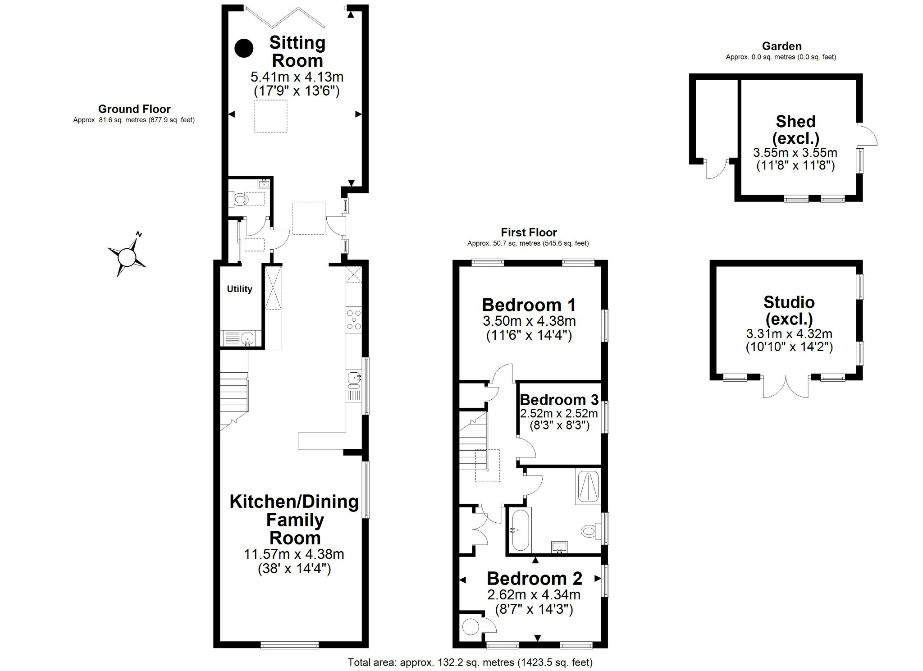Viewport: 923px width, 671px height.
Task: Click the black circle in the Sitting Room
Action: point(244,48)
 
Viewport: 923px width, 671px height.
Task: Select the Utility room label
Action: point(239,289)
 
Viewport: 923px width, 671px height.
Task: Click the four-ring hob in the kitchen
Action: point(353,320)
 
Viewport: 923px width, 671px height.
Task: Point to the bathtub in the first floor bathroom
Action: point(520,529)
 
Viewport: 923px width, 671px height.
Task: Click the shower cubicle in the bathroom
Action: point(588,487)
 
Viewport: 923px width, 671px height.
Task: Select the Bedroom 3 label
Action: point(559,400)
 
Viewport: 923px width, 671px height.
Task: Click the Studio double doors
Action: point(786,388)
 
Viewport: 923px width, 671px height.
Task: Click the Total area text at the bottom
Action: point(470,662)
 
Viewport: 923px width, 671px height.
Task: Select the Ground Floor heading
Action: point(134,109)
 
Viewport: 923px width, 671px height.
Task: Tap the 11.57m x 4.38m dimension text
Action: point(294,554)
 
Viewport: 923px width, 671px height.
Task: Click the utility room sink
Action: point(247,338)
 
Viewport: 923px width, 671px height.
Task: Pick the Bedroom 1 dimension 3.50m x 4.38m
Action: point(529,321)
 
